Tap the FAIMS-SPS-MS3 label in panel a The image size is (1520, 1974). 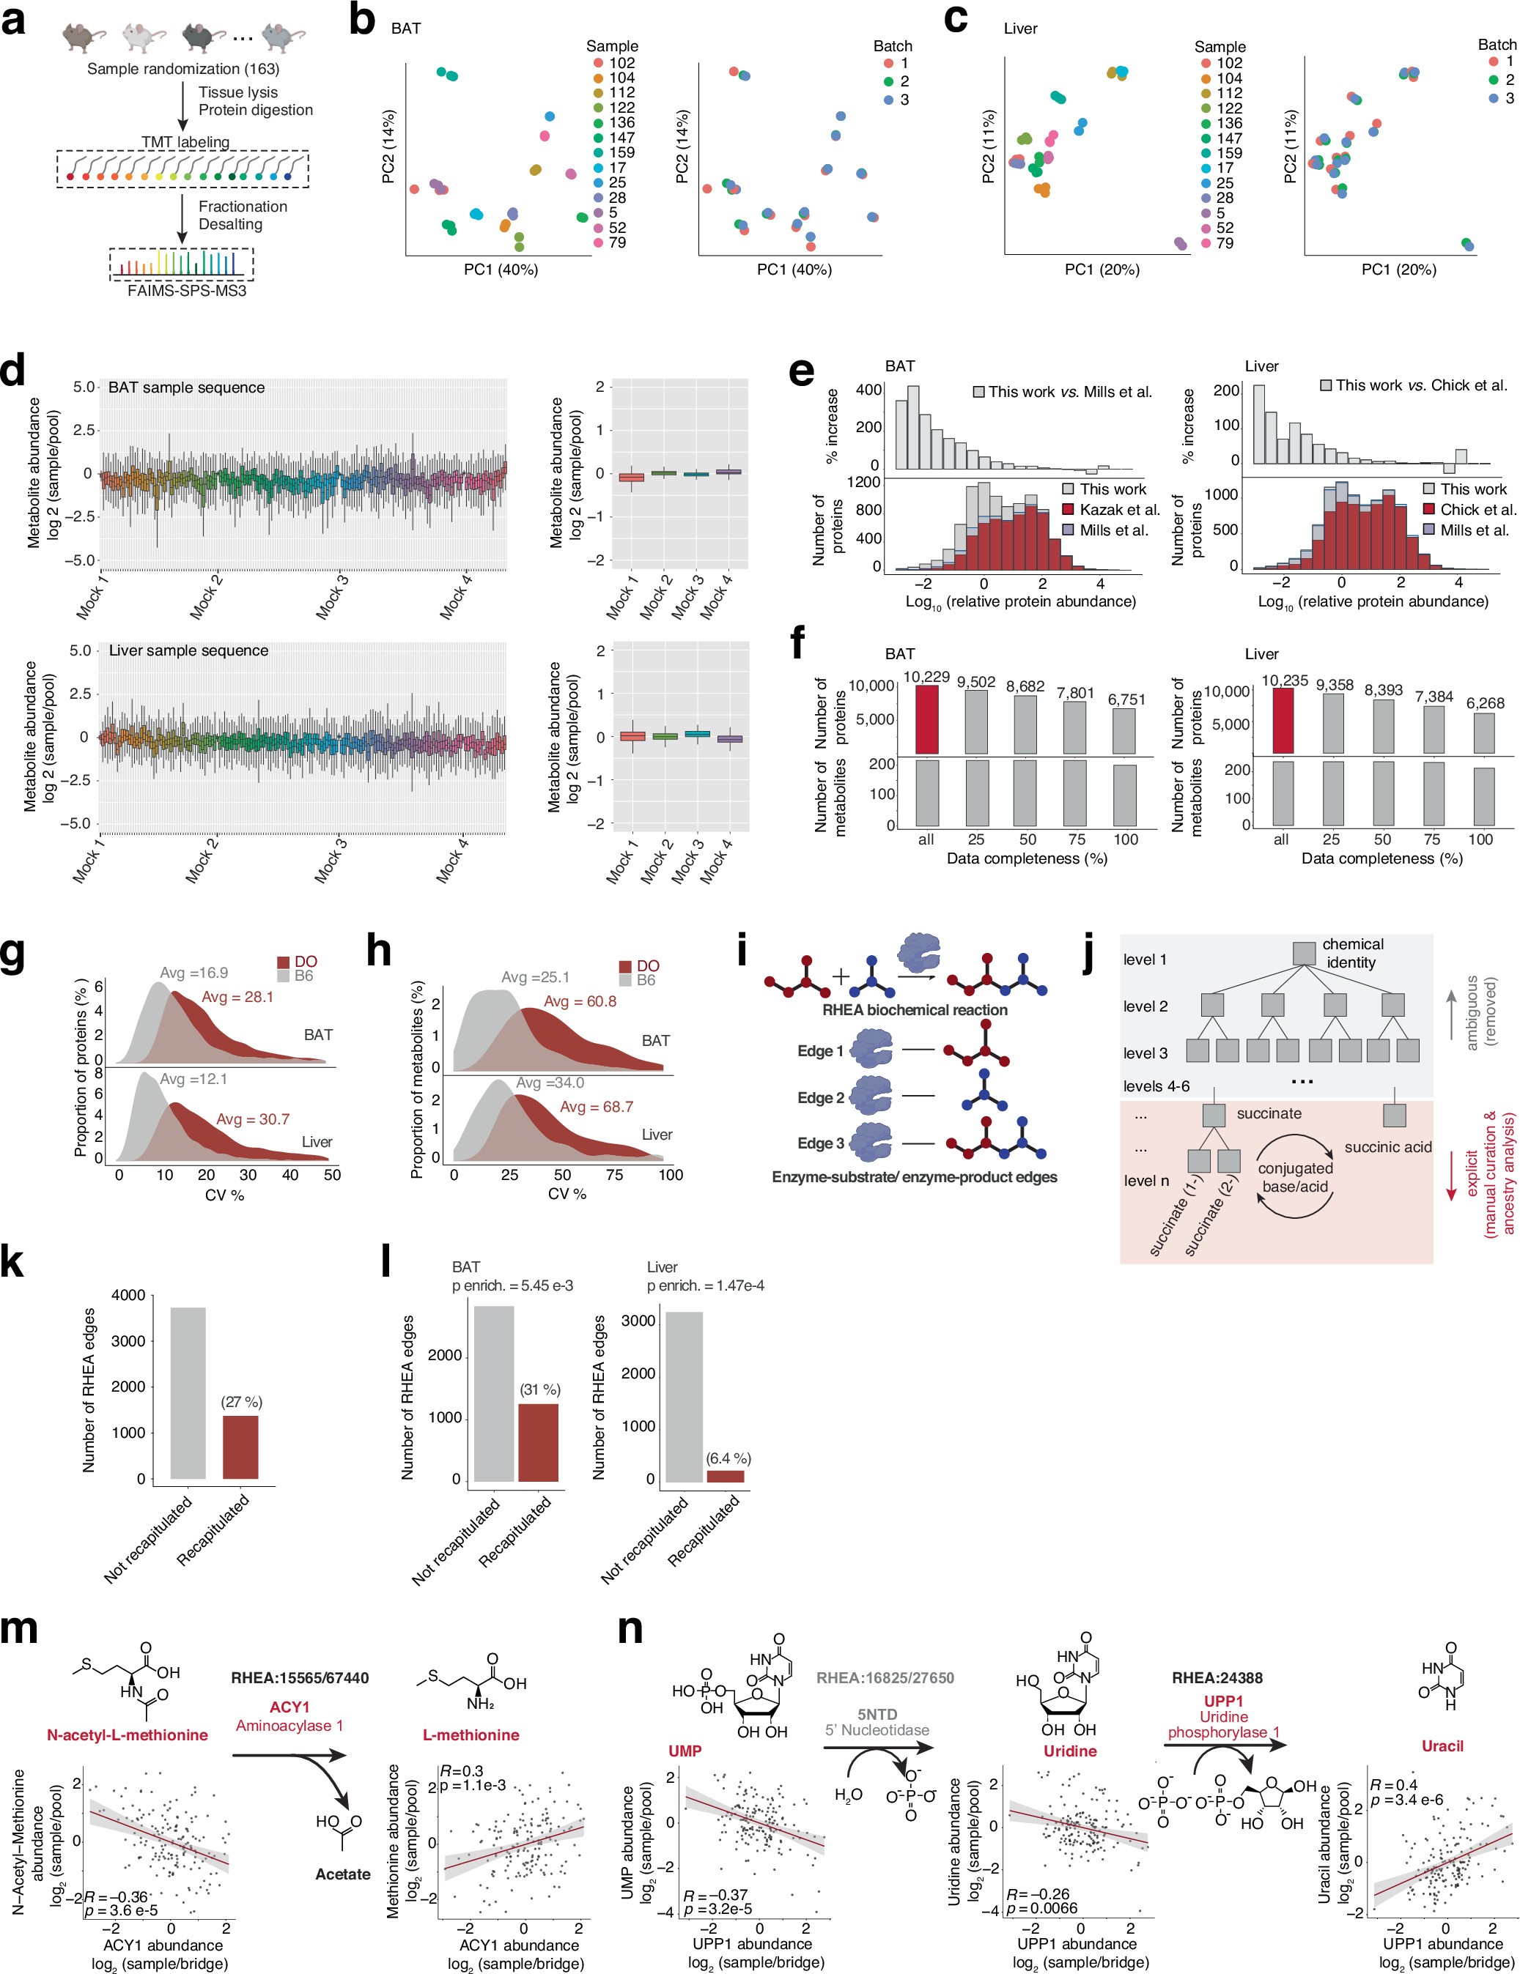coord(186,291)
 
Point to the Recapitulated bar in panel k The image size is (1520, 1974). coord(240,1446)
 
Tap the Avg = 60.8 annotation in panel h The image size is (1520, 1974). coord(580,1001)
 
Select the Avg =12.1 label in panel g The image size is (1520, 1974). coord(193,1079)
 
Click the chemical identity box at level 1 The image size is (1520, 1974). coord(1303,953)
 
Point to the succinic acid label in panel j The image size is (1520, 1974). coord(1387,1147)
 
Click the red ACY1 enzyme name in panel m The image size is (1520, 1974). coord(289,1707)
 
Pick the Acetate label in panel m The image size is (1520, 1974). coord(343,1874)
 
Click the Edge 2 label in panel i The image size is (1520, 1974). coord(820,1097)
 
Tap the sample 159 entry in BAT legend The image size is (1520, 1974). coord(621,152)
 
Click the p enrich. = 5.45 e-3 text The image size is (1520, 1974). coord(513,1285)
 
